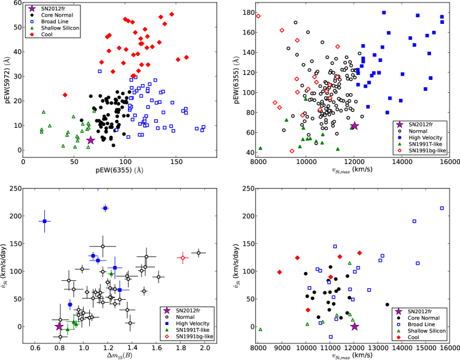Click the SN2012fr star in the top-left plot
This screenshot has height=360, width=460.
pyautogui.click(x=90, y=140)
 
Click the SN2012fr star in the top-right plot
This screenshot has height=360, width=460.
pyautogui.click(x=354, y=125)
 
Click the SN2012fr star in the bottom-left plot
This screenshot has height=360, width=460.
pyautogui.click(x=60, y=326)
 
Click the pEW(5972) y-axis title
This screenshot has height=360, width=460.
pyautogui.click(x=6, y=78)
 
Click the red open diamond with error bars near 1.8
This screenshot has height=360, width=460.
pyautogui.click(x=182, y=258)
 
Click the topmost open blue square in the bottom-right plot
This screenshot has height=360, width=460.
pyautogui.click(x=442, y=208)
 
